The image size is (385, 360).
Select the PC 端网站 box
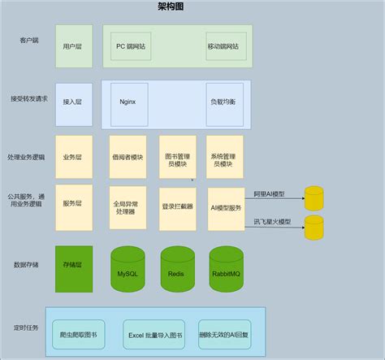click(132, 46)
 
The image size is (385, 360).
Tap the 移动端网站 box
click(223, 46)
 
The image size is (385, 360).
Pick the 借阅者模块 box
click(128, 156)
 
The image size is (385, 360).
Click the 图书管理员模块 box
click(176, 156)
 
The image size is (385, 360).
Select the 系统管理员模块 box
click(224, 156)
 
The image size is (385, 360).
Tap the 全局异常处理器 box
click(128, 206)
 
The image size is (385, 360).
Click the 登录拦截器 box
click(176, 206)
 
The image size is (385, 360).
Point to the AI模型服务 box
click(224, 206)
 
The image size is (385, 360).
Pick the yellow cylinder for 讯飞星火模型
click(314, 228)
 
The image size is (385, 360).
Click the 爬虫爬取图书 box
click(79, 334)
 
